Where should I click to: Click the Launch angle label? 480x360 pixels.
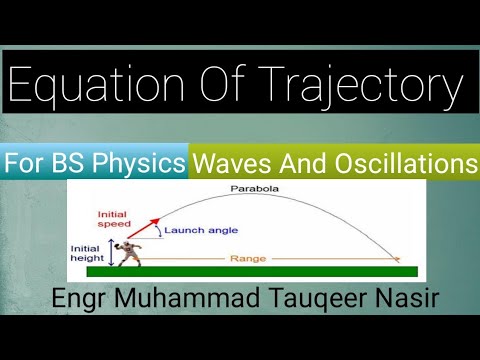tap(198, 231)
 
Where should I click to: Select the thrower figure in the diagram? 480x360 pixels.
tap(127, 253)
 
